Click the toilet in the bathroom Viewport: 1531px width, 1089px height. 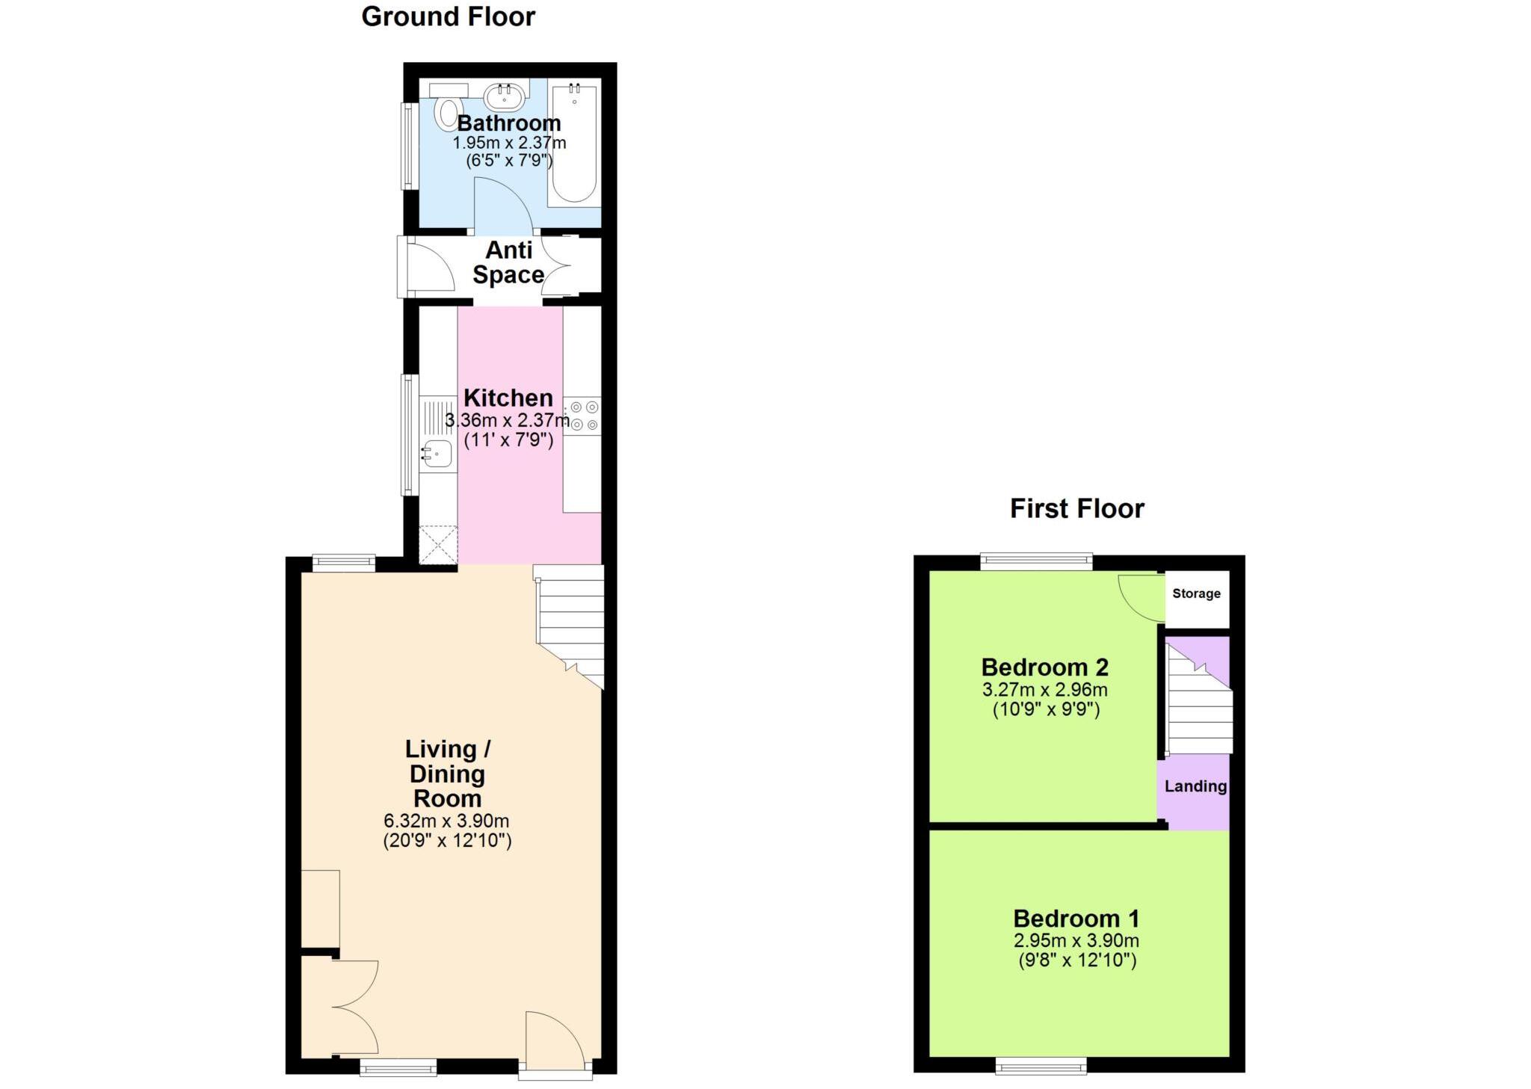click(449, 112)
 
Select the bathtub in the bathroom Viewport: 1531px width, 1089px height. click(574, 142)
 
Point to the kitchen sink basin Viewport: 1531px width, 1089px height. click(437, 453)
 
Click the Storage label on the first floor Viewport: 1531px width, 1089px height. click(1196, 593)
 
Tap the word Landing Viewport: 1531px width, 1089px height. click(1195, 786)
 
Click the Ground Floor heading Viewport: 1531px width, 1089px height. click(448, 16)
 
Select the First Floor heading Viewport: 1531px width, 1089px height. click(1076, 509)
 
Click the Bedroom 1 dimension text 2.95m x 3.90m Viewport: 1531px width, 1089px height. click(1076, 941)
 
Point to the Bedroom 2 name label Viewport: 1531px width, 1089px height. click(1044, 667)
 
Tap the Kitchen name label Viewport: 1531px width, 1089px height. click(508, 398)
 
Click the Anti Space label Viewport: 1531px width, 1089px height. click(508, 262)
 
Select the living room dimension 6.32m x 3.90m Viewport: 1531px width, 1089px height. click(446, 821)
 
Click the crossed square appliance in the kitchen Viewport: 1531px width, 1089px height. click(438, 545)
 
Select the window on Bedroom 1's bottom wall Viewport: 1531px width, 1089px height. click(1041, 1066)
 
